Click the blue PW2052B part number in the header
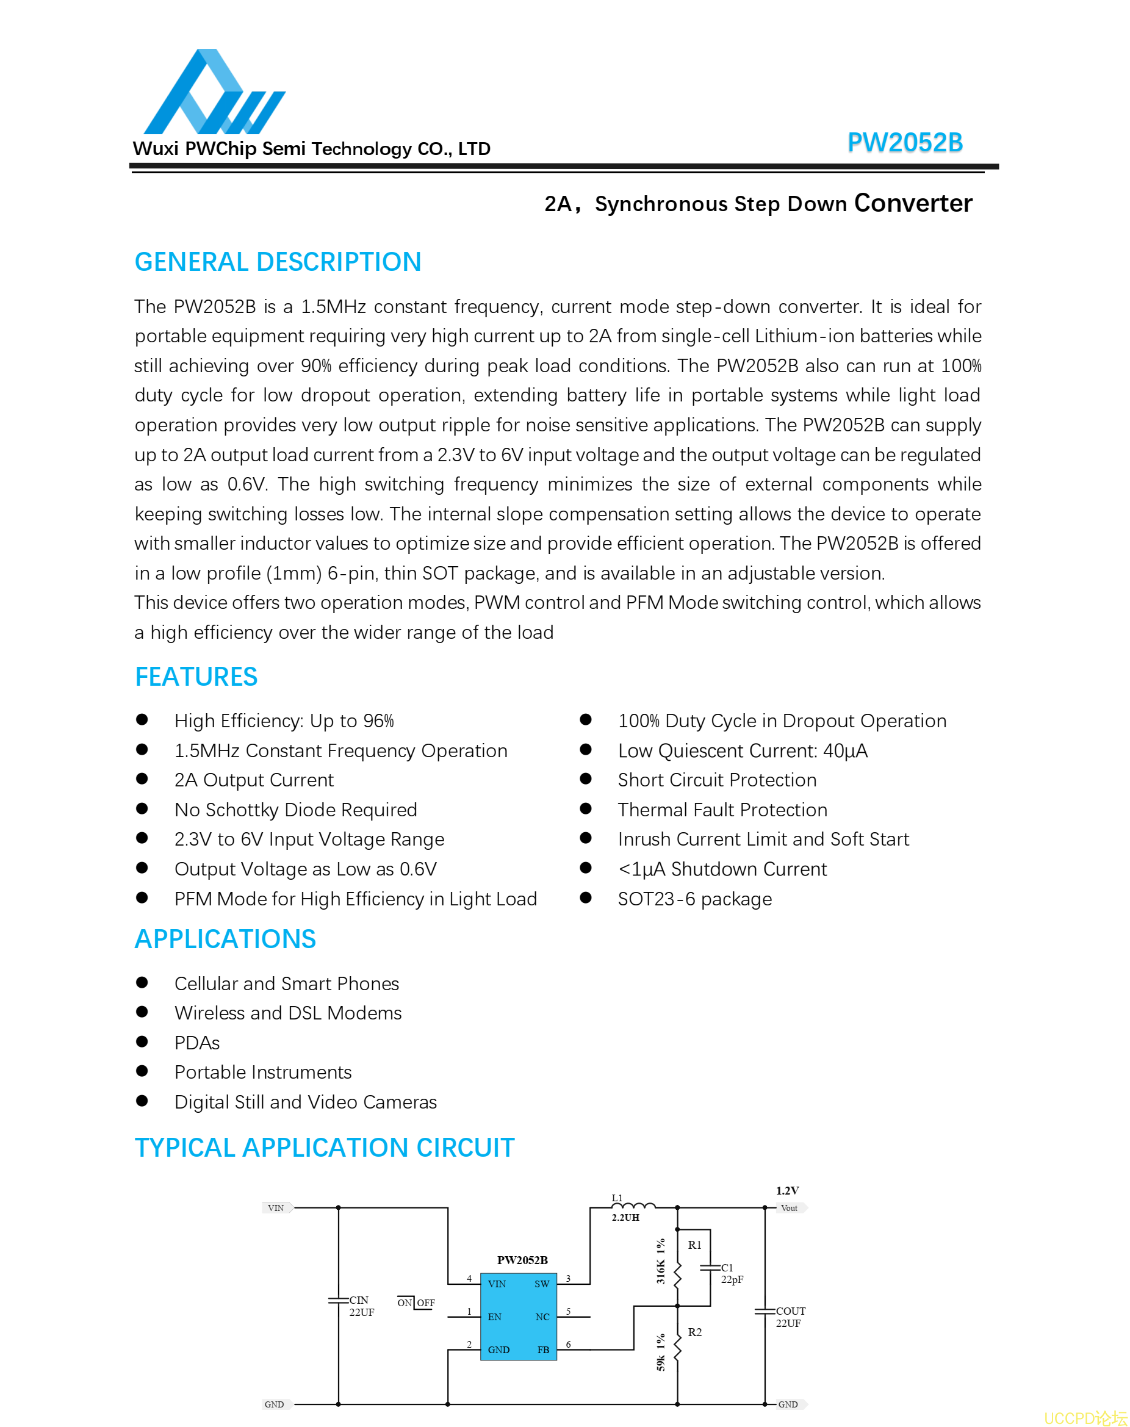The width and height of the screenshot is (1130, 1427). [x=904, y=143]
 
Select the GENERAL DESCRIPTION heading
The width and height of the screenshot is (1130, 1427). [x=278, y=262]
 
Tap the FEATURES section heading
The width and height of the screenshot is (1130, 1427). [x=196, y=677]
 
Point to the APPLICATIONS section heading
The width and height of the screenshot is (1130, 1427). [x=225, y=939]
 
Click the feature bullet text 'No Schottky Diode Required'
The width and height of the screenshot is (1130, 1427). [x=296, y=810]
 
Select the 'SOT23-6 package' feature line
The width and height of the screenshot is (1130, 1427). [x=695, y=899]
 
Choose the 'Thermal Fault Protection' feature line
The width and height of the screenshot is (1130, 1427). [x=722, y=810]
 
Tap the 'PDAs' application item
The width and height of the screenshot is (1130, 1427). [x=197, y=1043]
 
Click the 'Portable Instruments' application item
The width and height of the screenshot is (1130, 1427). [x=262, y=1073]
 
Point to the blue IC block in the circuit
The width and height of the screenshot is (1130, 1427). [x=518, y=1317]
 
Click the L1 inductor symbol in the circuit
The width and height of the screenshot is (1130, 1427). [x=633, y=1206]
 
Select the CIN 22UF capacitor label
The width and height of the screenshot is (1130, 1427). [x=361, y=1307]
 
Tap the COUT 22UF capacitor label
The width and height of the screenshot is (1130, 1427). [x=790, y=1317]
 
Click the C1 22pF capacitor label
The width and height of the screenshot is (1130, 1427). [x=731, y=1273]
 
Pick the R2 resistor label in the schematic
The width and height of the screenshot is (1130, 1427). [x=695, y=1332]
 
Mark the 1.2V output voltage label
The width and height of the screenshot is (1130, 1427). [x=787, y=1191]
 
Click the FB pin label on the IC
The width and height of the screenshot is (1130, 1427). [x=543, y=1350]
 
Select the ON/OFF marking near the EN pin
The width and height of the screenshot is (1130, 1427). [x=416, y=1303]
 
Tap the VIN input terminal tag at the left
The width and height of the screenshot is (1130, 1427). [x=276, y=1208]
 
